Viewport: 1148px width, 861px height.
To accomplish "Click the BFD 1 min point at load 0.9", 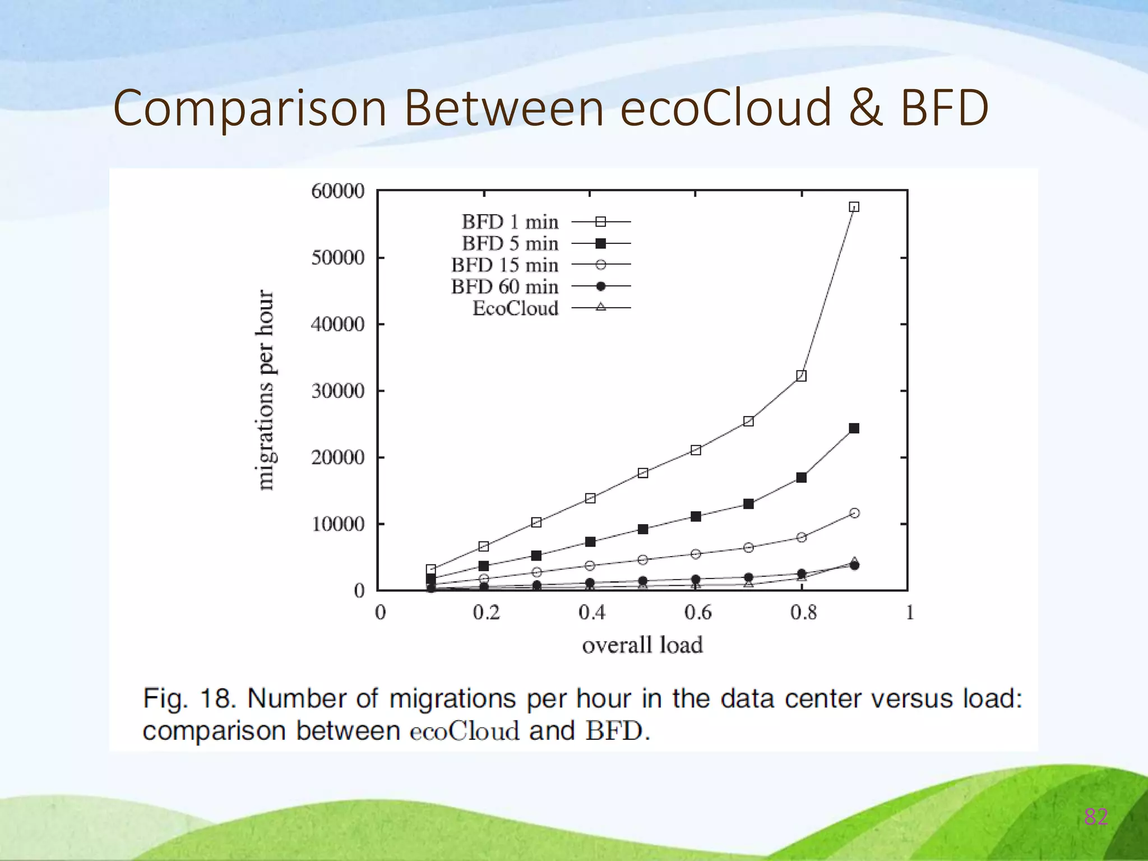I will (x=854, y=207).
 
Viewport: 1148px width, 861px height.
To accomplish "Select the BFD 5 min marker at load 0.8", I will (x=801, y=478).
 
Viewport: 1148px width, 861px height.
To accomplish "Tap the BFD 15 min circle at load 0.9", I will (x=854, y=513).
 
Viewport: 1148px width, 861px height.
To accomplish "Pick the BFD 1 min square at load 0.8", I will (x=801, y=376).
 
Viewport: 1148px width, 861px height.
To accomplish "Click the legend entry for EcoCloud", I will (x=515, y=308).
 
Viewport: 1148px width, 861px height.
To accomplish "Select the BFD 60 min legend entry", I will (x=504, y=286).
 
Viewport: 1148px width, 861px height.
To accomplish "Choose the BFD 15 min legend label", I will (x=504, y=265).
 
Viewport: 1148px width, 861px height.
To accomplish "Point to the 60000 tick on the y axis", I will (x=337, y=191).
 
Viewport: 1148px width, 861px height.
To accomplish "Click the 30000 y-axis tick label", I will (x=337, y=391).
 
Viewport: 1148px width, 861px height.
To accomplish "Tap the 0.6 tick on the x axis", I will (x=697, y=613).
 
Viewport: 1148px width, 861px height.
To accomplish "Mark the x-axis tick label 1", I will (x=909, y=613).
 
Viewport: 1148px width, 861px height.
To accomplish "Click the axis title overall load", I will (x=642, y=645).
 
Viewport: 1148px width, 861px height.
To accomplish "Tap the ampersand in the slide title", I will (x=865, y=108).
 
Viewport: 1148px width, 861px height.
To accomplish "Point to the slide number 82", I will (x=1095, y=817).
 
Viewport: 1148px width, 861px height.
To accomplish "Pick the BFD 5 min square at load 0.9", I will (x=854, y=428).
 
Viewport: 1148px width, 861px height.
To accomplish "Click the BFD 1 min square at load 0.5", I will (x=643, y=473).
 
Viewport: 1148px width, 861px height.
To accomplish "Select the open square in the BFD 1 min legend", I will (x=600, y=222).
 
